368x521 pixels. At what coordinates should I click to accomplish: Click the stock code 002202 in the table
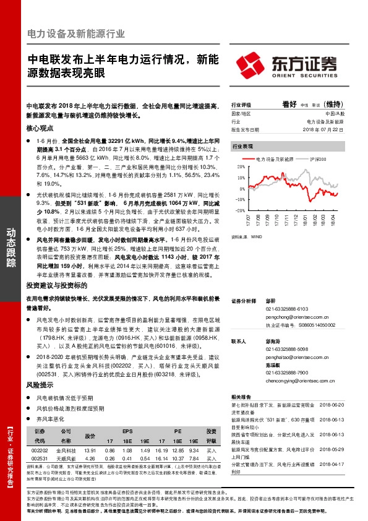39,450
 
